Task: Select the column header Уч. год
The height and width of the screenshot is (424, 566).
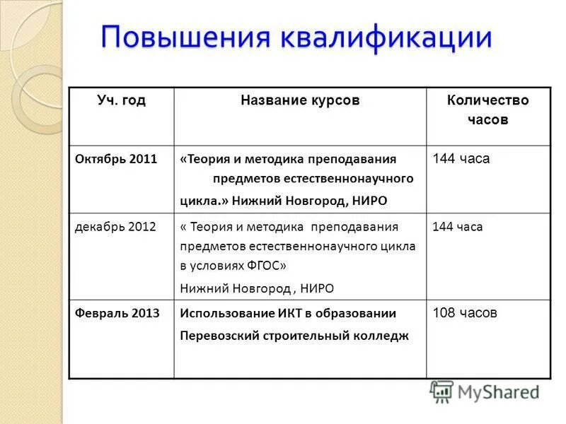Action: coord(121,100)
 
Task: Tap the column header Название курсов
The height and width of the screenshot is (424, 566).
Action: coord(300,100)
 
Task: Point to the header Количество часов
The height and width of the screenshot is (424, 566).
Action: coord(487,110)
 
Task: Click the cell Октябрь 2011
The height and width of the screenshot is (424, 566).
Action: coord(116,159)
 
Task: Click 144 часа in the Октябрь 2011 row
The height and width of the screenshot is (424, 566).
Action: coord(461,159)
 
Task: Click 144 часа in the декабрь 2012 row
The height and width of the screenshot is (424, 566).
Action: coord(458,227)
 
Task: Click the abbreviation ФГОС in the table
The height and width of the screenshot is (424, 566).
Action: coord(261,266)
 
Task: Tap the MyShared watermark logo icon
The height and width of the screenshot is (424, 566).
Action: coord(442,391)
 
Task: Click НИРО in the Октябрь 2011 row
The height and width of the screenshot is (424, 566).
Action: coord(369,201)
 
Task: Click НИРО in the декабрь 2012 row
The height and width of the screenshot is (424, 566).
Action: coord(317,288)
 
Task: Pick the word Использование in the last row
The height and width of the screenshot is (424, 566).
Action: coord(223,313)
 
